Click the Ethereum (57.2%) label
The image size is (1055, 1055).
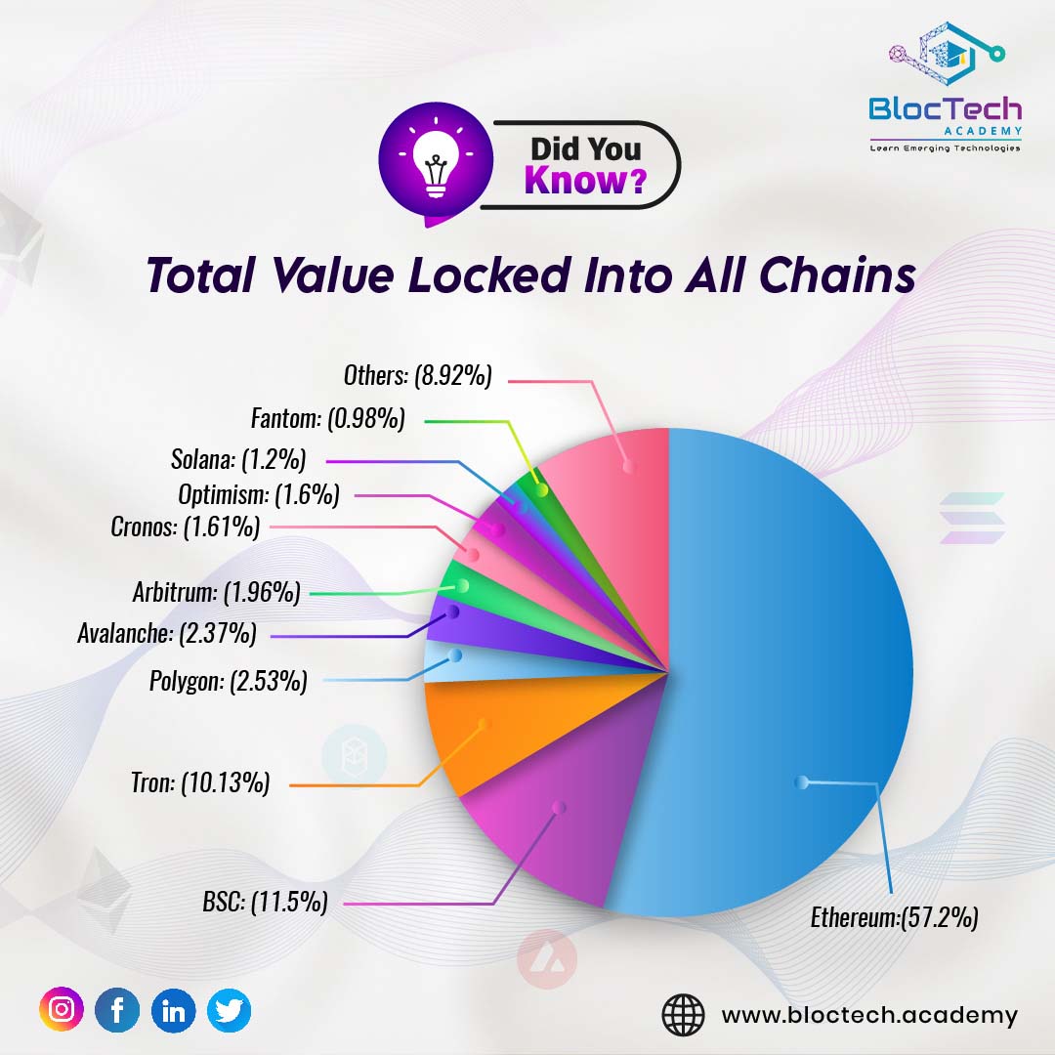(894, 918)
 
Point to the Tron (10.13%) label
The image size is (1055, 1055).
(200, 782)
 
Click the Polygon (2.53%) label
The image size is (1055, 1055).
(228, 681)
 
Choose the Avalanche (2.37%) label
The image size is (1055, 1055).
(167, 634)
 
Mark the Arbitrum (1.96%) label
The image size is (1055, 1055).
(216, 591)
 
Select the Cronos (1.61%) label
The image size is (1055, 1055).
(186, 527)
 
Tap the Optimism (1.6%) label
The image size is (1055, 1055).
(259, 494)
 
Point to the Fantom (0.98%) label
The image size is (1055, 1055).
(327, 419)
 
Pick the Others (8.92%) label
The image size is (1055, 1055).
(417, 375)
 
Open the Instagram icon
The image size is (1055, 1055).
(62, 1011)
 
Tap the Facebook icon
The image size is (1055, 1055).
(117, 1011)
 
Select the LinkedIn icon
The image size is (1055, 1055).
(173, 1011)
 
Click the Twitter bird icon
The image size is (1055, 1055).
(229, 1011)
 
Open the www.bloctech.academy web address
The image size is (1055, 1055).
(868, 1015)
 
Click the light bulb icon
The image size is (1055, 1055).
(432, 163)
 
